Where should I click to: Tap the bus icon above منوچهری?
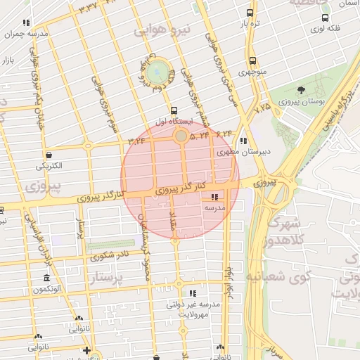[x=252, y=60]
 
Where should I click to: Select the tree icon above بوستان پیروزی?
[x=301, y=90]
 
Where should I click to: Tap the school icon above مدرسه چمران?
[x=27, y=22]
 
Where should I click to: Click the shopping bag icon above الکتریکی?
[x=49, y=155]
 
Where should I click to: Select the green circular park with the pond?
[x=160, y=70]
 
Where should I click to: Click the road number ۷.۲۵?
[x=262, y=108]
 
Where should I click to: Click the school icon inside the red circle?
[x=214, y=197]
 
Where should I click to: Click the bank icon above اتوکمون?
[x=47, y=278]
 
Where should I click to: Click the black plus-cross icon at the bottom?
[x=86, y=350]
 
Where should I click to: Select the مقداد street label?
[x=171, y=224]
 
